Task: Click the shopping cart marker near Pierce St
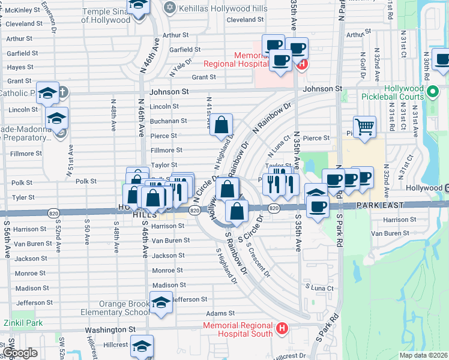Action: (364, 127)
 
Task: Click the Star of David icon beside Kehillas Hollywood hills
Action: (169, 7)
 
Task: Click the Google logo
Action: (19, 352)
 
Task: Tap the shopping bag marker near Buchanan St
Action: (221, 125)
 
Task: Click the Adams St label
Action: (220, 313)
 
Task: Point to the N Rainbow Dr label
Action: (272, 119)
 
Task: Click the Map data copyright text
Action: (423, 355)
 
